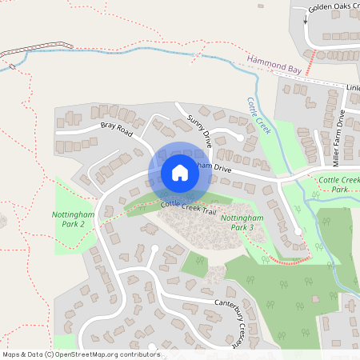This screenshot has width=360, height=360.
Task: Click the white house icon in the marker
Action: point(179,173)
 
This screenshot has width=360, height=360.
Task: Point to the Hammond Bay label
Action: point(274,66)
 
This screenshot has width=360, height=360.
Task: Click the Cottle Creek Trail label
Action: point(188,206)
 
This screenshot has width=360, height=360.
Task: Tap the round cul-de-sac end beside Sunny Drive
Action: point(241,138)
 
